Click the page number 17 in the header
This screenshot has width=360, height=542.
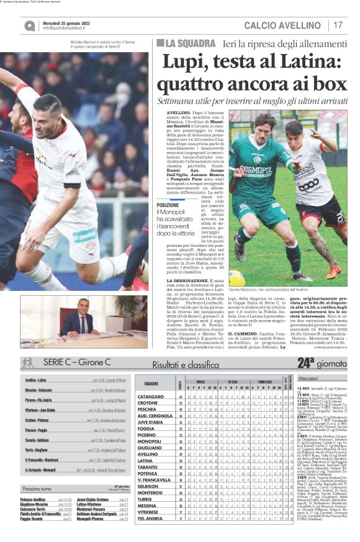(338, 24)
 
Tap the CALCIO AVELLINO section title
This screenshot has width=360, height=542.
(285, 25)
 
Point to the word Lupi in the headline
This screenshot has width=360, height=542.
(181, 62)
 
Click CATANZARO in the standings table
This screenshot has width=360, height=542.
(151, 396)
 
